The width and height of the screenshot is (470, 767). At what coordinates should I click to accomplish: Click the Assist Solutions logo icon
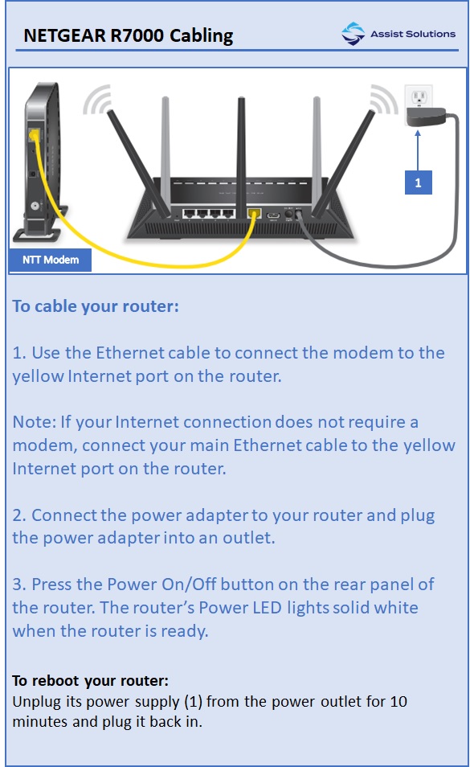pos(353,34)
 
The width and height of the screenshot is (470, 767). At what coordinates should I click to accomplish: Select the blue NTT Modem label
pos(50,260)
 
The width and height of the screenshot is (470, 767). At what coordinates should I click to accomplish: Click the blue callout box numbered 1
pos(418,183)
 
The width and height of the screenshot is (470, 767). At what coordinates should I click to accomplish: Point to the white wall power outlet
pos(418,97)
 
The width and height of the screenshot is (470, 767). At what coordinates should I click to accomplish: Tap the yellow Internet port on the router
pos(255,215)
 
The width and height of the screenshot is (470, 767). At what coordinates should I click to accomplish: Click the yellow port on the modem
pos(33,134)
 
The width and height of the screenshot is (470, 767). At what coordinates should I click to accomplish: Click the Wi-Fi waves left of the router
pos(97,100)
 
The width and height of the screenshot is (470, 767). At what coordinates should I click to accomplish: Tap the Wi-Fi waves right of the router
pos(383,100)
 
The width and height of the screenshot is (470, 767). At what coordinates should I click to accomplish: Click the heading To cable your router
pos(96,306)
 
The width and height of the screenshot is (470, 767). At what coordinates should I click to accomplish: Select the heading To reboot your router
pos(90,680)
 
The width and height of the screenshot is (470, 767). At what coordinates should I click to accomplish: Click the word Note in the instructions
pos(30,422)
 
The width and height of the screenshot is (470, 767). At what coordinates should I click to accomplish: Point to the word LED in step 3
pos(244,607)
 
